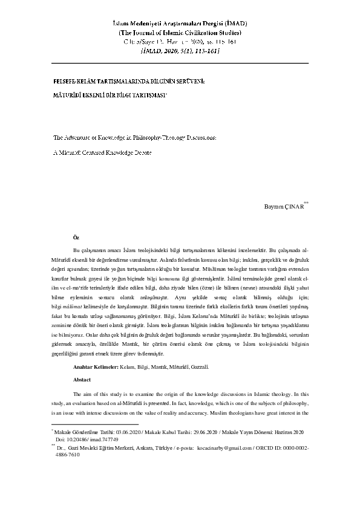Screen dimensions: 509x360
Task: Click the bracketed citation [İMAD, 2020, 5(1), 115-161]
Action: pyautogui.click(x=180, y=51)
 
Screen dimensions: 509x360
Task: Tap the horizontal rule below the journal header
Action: pyautogui.click(x=180, y=63)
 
